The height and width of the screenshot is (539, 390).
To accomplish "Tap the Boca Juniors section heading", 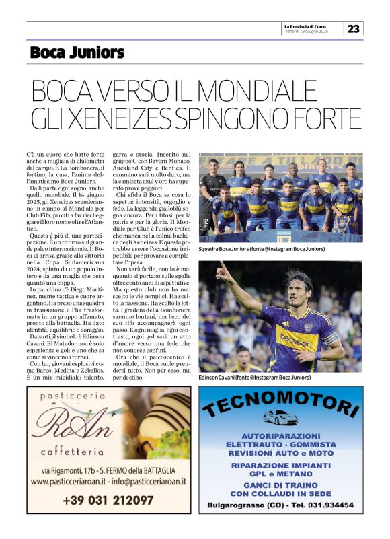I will [x=77, y=52].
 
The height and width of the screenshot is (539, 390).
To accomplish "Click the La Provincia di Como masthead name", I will [x=313, y=26].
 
